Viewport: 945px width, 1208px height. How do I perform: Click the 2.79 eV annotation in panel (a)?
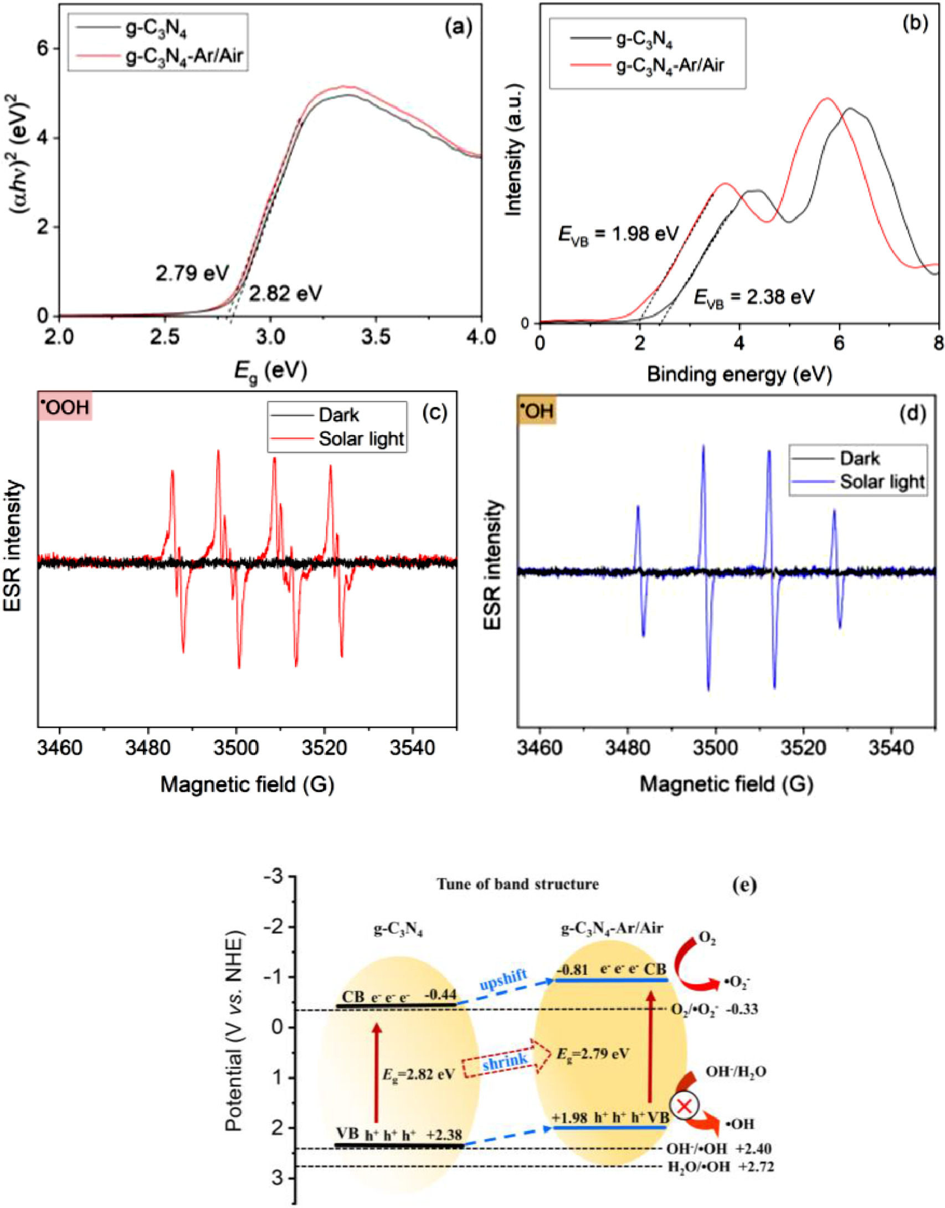coord(192,273)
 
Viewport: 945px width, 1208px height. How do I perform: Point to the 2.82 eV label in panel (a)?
coord(285,293)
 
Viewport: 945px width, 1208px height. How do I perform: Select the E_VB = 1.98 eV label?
coord(618,234)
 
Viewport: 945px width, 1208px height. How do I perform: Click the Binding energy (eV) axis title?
coord(739,375)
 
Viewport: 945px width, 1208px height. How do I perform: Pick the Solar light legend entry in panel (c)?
coord(361,439)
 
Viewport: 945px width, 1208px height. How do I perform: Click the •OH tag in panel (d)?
coord(537,411)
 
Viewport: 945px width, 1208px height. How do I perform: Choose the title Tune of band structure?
coord(517,883)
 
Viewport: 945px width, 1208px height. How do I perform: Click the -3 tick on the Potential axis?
coord(275,877)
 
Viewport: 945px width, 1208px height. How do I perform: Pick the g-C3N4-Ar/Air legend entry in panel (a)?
coord(184,56)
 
